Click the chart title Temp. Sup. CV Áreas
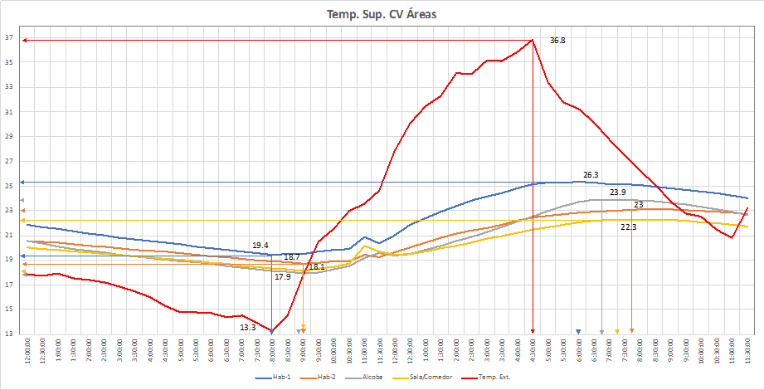pyautogui.click(x=382, y=13)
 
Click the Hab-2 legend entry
pyautogui.click(x=335, y=378)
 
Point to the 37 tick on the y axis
pyautogui.click(x=9, y=38)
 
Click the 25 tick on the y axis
pyautogui.click(x=9, y=186)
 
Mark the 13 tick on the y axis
pyautogui.click(x=9, y=334)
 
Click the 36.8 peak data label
pyautogui.click(x=557, y=41)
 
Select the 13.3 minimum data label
pyautogui.click(x=248, y=328)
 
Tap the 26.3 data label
pyautogui.click(x=591, y=175)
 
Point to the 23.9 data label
pyautogui.click(x=618, y=193)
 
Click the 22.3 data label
pyautogui.click(x=629, y=227)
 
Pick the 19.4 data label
pyautogui.click(x=260, y=246)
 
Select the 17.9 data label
pyautogui.click(x=283, y=277)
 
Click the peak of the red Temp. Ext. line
pyautogui.click(x=532, y=40)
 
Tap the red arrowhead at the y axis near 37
pyautogui.click(x=25, y=40)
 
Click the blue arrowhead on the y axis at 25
pyautogui.click(x=22, y=182)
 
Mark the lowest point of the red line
pyautogui.click(x=271, y=330)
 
